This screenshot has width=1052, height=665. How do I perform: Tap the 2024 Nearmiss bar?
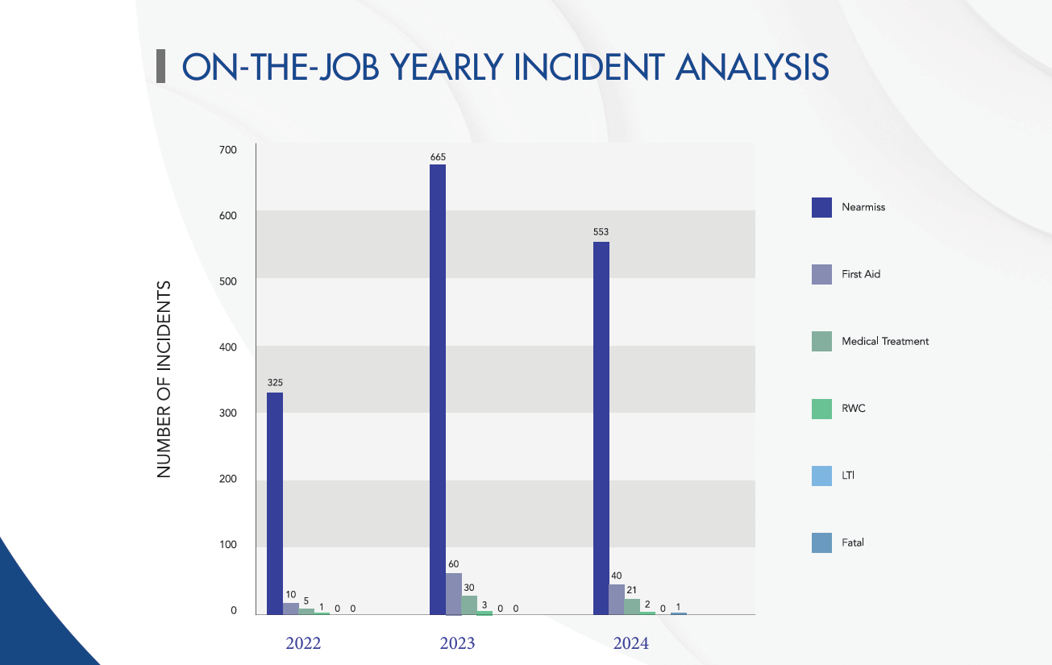601,427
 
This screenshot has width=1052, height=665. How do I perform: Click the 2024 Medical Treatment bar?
632,606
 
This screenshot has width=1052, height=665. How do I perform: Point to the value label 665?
438,156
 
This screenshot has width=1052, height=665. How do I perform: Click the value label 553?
601,232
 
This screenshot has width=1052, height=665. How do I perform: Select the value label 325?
275,383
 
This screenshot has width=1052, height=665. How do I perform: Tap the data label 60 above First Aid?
454,564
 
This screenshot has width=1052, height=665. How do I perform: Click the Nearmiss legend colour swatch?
821,207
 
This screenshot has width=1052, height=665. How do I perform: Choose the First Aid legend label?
861,274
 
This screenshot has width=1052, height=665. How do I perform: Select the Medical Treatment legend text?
885,341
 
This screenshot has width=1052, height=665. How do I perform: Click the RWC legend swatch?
821,409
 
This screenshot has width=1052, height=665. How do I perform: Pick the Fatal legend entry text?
853,542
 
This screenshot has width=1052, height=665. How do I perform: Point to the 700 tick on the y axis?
227,150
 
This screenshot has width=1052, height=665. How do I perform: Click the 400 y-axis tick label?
227,347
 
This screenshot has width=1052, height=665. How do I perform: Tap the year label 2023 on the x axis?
457,643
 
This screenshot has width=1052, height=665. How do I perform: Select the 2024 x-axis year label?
630,643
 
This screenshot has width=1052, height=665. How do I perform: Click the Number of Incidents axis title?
164,379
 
